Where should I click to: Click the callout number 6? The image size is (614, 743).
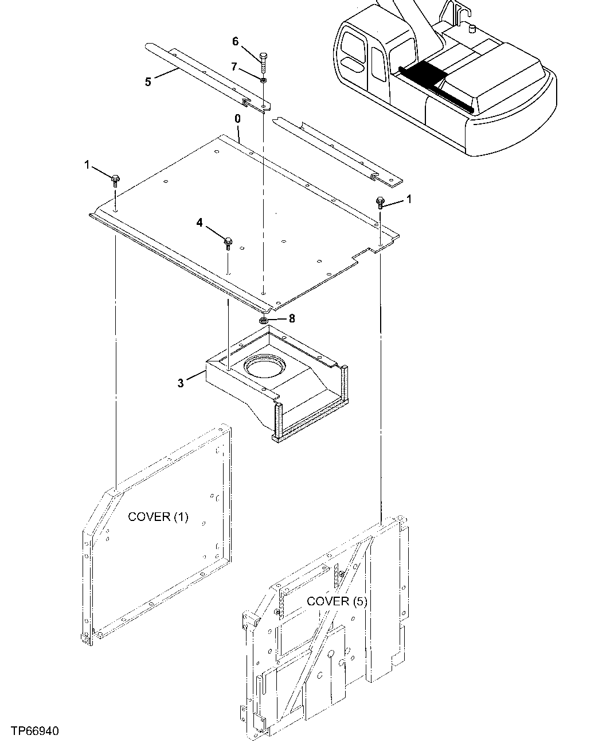pos(235,41)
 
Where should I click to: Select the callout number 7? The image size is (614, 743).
pos(234,67)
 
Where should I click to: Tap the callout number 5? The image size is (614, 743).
pos(148,81)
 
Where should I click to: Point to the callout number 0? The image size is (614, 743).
pos(237,119)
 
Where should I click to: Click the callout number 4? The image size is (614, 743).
pos(200,222)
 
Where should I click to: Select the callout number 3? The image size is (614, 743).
pos(181,383)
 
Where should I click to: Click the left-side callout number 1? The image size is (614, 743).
pos(87,165)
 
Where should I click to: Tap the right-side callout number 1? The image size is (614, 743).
pos(409,199)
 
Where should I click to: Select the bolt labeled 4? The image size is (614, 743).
pos(228,243)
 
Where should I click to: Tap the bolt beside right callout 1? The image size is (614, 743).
pos(380,202)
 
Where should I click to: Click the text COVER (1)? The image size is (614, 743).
pos(158,517)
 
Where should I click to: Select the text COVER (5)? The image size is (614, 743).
pos(337,601)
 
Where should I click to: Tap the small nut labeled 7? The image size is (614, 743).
pos(263,80)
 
